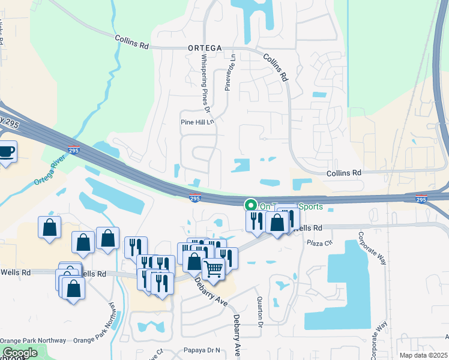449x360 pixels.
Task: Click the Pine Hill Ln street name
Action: pyautogui.click(x=197, y=121)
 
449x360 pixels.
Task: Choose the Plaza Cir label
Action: pyautogui.click(x=319, y=243)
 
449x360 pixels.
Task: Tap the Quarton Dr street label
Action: pyautogui.click(x=260, y=314)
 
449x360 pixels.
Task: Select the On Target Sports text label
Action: pyautogui.click(x=291, y=206)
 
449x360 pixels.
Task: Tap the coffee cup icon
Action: pyautogui.click(x=7, y=151)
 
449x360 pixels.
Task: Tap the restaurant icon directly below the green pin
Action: pyautogui.click(x=255, y=220)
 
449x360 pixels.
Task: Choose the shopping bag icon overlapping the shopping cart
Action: pyautogui.click(x=194, y=261)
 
